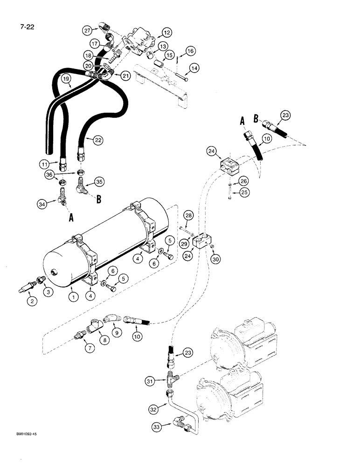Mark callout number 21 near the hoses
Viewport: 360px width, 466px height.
[126, 75]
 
